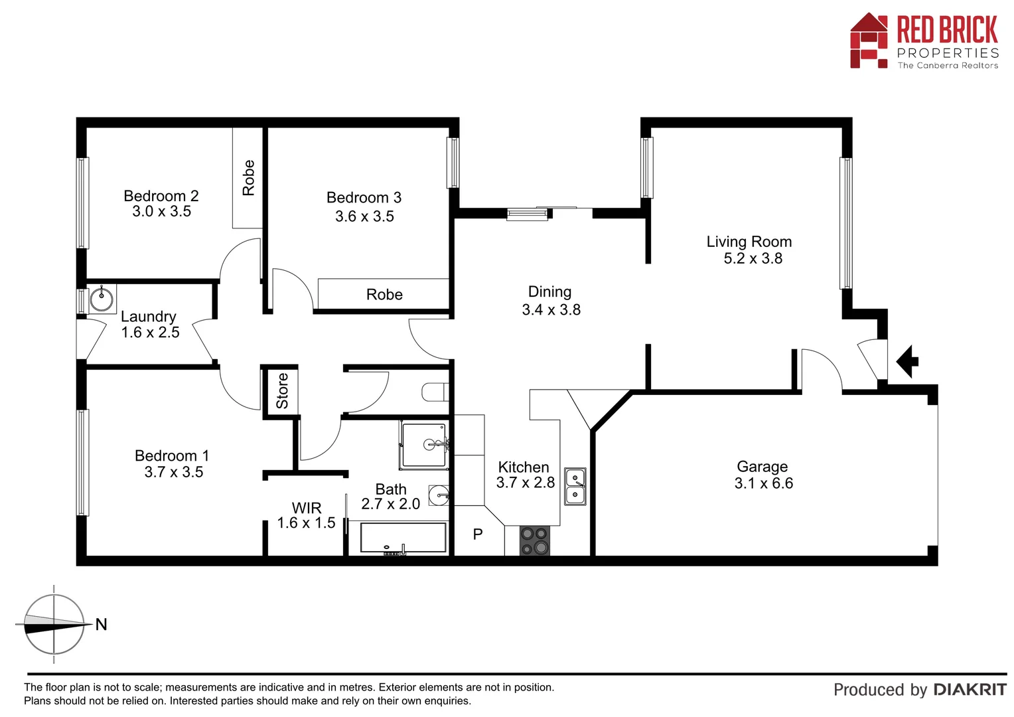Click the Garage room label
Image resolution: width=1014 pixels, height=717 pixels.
coord(762,467)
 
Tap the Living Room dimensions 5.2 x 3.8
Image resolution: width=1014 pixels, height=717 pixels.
coord(753,258)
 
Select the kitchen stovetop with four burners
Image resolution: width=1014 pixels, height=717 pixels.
coord(535,540)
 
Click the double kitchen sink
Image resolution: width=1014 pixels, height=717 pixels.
coord(575,486)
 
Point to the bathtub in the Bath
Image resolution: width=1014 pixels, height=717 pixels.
coord(403,538)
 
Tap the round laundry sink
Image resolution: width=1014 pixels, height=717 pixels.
coord(102,299)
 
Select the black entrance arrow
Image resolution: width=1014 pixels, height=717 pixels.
coord(907,362)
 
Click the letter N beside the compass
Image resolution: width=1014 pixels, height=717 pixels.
coord(101,625)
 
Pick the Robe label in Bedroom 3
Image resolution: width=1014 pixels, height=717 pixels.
coord(384,295)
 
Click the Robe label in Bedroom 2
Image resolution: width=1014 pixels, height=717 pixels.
coord(249,177)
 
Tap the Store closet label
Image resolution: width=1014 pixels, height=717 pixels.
coord(282,391)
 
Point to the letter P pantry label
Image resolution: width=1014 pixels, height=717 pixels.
coord(478,534)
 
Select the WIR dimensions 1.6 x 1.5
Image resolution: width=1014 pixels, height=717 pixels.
coord(306,523)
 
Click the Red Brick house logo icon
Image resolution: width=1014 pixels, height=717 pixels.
coord(869,41)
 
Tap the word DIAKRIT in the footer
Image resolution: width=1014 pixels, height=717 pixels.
coord(970,690)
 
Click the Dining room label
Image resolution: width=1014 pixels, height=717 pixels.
coord(549,292)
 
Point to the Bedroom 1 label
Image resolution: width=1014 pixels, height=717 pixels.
coord(172,456)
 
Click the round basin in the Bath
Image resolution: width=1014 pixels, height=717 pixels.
coord(439,495)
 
